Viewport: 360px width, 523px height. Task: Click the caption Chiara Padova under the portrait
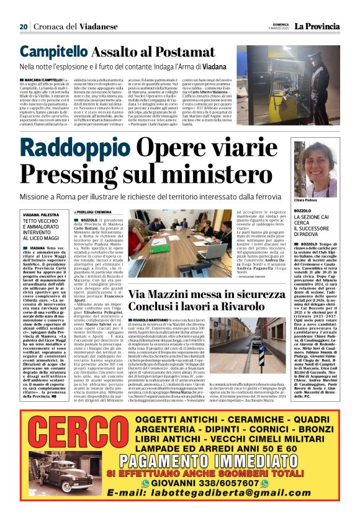[x=307, y=201]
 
